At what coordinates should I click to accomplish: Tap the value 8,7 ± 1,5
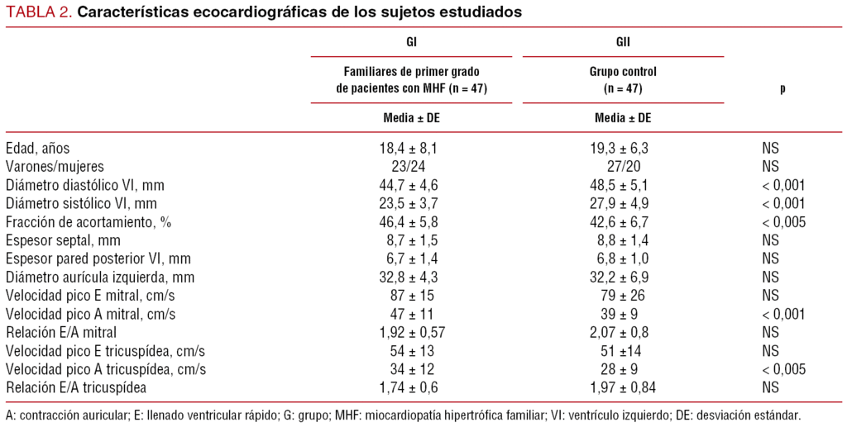tap(412, 240)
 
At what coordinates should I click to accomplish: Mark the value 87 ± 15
tap(412, 295)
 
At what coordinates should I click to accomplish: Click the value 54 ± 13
tap(412, 349)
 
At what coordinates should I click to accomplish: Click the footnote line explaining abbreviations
tap(403, 414)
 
